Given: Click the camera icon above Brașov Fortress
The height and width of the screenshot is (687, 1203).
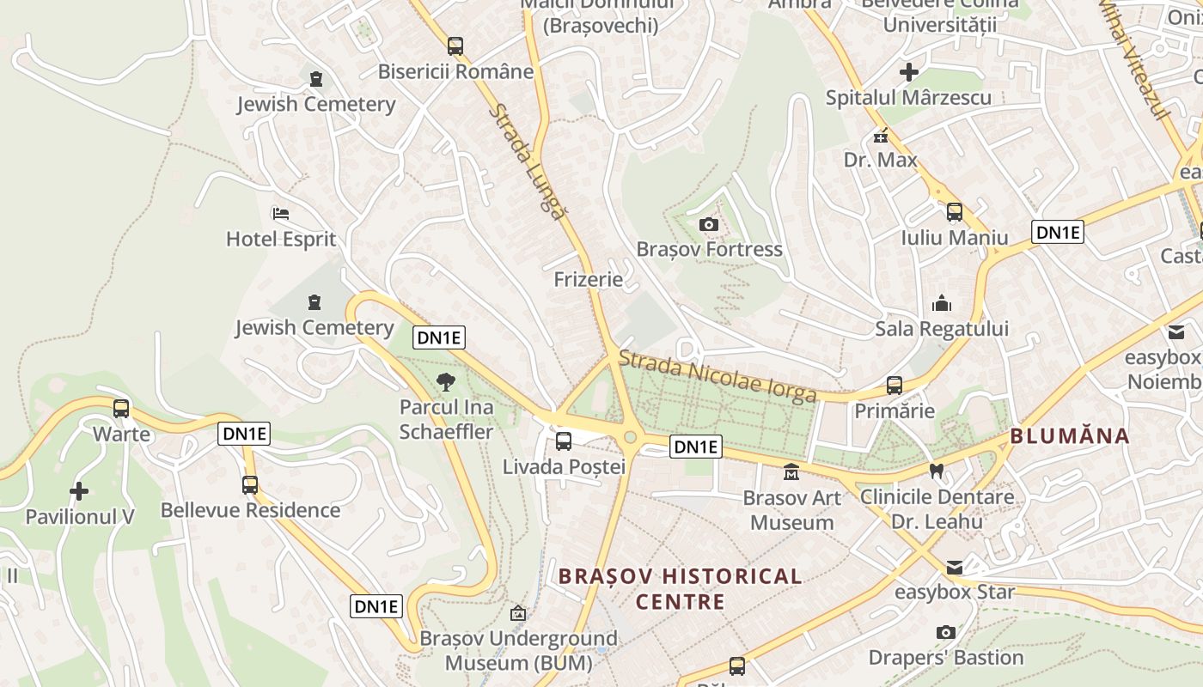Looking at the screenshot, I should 709,225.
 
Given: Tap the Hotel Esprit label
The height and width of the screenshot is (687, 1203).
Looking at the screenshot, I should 281,239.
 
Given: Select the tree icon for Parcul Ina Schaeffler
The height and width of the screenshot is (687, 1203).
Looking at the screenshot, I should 446,382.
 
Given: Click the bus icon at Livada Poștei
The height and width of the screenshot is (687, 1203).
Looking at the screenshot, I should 564,441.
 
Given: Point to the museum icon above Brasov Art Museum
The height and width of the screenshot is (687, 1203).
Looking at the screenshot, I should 791,472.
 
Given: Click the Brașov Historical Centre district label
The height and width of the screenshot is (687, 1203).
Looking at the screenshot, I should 681,588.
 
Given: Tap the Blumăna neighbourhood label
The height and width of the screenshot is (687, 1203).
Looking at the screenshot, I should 1070,435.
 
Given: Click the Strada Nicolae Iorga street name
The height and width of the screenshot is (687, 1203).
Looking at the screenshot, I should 718,376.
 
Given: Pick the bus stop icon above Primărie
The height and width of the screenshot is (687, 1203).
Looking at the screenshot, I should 895,386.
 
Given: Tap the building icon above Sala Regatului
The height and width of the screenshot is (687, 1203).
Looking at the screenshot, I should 942,303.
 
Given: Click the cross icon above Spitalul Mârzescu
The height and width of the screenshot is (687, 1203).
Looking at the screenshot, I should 908,72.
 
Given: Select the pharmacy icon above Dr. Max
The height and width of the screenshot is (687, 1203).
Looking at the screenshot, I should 881,136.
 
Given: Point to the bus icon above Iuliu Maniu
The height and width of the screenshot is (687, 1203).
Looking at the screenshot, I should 955,212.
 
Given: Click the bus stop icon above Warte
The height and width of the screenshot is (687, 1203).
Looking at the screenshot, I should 121,409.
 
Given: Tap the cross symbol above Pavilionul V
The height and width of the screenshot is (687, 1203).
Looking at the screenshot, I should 79,491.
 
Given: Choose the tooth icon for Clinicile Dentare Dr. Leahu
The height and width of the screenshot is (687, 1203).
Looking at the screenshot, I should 937,471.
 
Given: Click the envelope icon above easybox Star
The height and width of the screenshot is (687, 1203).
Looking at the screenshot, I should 955,567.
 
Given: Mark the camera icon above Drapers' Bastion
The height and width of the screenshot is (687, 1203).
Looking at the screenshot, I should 945,633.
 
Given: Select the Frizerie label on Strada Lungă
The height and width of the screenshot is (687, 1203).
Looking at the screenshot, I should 589,279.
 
